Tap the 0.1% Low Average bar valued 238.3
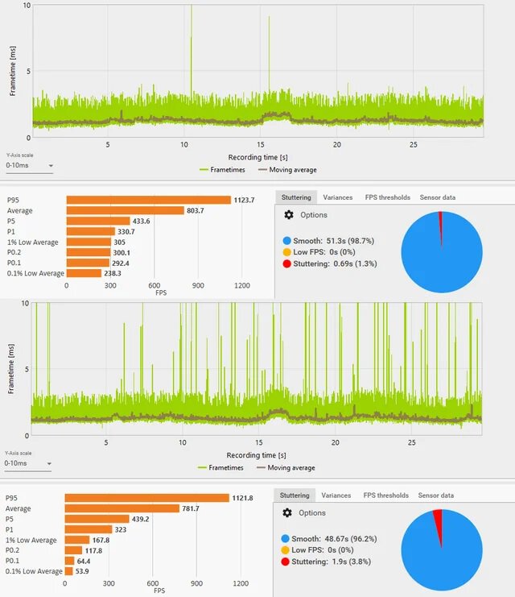click(84, 273)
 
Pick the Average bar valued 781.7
click(122, 508)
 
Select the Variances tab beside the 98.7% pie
click(337, 197)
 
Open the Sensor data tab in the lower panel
click(435, 495)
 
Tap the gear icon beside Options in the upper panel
click(289, 215)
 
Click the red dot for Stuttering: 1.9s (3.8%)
click(287, 562)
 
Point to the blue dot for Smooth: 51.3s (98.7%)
click(287, 241)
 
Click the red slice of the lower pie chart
click(438, 516)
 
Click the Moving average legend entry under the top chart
click(286, 170)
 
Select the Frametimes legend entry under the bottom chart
click(225, 468)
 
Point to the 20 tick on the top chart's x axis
click(337, 145)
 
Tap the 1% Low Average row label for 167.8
click(31, 540)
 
